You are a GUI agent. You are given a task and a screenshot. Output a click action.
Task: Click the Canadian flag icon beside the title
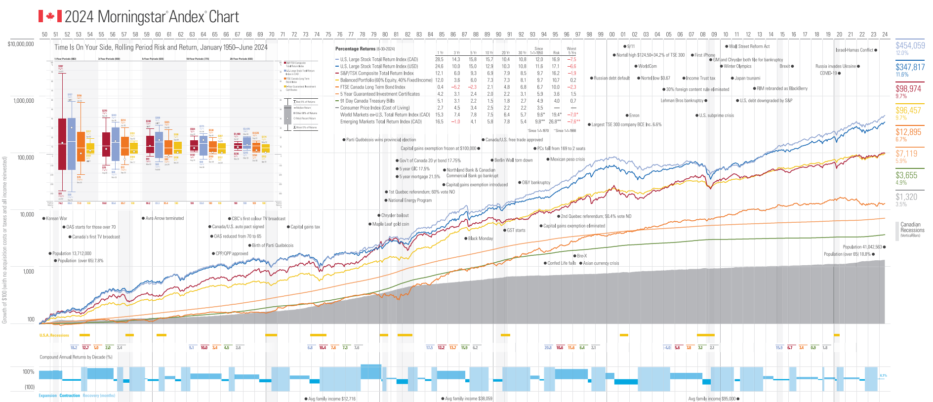(50, 16)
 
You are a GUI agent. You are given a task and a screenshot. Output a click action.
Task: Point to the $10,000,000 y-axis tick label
(21, 44)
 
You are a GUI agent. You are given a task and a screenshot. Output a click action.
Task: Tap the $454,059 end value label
(910, 45)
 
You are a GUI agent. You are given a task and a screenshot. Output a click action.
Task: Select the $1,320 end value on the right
(906, 197)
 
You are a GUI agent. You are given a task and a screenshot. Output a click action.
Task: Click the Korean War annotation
(56, 218)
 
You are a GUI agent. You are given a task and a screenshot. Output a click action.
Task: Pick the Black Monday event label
(480, 239)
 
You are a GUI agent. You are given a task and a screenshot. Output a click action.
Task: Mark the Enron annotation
(634, 116)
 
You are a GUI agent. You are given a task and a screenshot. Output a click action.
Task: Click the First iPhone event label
(704, 55)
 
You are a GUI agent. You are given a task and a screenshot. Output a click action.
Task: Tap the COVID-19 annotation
(828, 73)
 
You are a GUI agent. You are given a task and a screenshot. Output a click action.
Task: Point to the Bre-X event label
(582, 256)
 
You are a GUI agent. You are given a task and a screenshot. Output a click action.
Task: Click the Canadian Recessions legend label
(912, 228)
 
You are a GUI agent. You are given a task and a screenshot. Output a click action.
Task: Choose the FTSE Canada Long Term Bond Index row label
(372, 87)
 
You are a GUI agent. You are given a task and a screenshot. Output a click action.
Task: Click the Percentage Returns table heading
(355, 49)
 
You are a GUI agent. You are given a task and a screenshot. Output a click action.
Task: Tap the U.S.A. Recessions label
(54, 335)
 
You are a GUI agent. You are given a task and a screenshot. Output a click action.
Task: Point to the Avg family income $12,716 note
(331, 399)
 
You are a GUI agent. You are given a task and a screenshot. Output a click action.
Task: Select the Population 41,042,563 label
(862, 247)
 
